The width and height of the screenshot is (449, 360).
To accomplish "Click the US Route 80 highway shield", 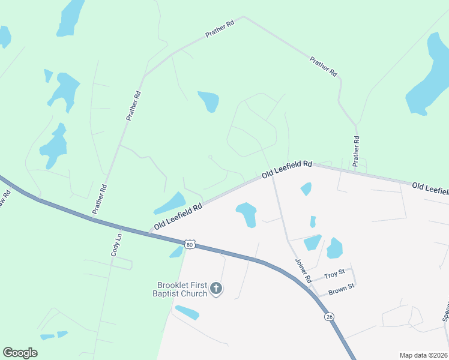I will (x=190, y=244).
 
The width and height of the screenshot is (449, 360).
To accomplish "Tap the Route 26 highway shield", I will (x=328, y=316).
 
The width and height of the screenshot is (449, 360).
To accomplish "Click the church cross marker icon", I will (x=217, y=289).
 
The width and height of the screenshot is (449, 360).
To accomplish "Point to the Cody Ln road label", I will (x=116, y=245).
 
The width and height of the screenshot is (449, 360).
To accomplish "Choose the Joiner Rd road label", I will (x=304, y=271).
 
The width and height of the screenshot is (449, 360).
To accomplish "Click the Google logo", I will (x=20, y=353).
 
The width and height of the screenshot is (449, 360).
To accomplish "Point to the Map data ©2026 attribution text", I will (x=423, y=355).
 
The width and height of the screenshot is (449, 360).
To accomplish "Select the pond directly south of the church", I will (x=187, y=313).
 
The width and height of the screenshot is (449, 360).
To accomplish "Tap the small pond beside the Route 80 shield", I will (x=176, y=252).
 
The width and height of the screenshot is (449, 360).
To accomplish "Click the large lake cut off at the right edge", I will (x=430, y=75).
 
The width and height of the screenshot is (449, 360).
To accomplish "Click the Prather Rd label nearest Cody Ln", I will (x=100, y=199).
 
